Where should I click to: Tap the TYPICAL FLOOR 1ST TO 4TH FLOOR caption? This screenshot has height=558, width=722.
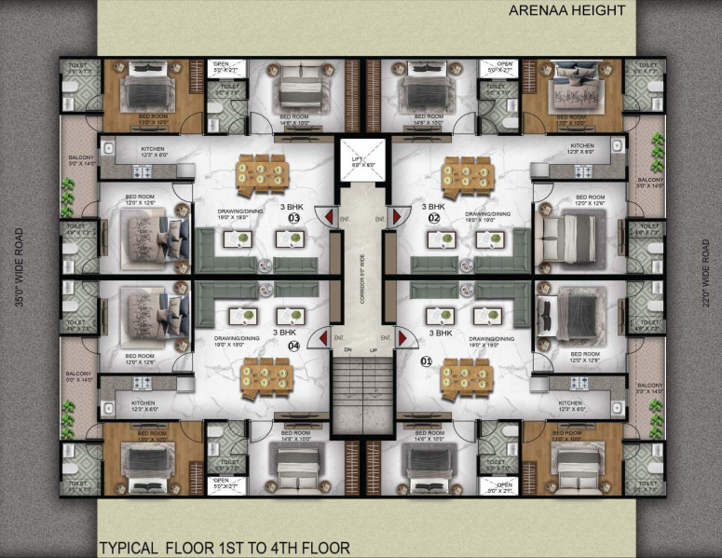225,548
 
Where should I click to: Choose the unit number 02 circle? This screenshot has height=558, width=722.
433,218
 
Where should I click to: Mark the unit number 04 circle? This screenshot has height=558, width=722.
294,346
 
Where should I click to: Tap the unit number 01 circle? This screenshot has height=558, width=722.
428,361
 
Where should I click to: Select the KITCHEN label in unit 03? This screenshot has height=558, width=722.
154,151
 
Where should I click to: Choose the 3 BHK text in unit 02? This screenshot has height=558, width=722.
432,206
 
